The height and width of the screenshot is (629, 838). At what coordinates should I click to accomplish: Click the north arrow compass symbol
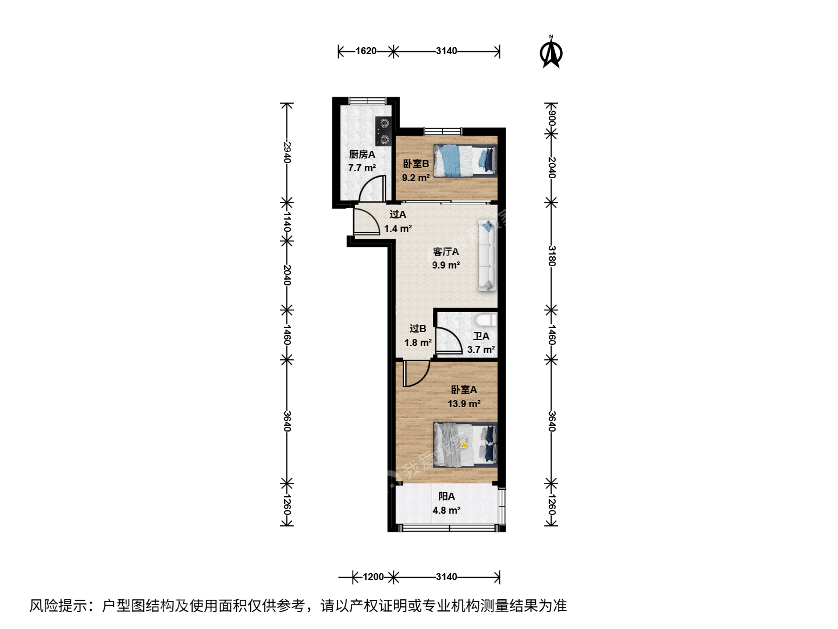tap(551, 52)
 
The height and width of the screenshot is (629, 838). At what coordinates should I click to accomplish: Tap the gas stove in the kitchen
tap(384, 132)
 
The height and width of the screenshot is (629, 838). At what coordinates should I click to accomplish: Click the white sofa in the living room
tap(487, 256)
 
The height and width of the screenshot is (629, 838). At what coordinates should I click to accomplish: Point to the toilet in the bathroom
tap(485, 320)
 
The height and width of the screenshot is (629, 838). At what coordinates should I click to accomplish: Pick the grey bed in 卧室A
tap(466, 444)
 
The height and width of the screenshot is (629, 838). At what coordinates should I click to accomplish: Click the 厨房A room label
tap(362, 155)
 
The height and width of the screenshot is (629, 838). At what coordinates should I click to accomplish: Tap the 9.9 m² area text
tap(446, 265)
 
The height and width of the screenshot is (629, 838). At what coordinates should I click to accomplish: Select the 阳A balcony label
tap(446, 496)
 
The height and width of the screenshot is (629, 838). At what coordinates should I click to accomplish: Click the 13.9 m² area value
tap(464, 404)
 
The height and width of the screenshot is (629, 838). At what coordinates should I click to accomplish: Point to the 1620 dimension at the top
tap(365, 51)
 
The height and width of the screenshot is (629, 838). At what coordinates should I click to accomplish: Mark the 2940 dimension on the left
tap(287, 153)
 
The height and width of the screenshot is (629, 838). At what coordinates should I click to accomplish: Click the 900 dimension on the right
tap(551, 118)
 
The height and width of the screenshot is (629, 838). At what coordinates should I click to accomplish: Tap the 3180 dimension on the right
tap(551, 256)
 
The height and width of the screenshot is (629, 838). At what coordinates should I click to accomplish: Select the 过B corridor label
tap(418, 328)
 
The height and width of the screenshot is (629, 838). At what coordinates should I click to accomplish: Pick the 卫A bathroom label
tap(481, 337)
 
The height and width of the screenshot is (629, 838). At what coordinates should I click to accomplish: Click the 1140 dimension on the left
tap(287, 222)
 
